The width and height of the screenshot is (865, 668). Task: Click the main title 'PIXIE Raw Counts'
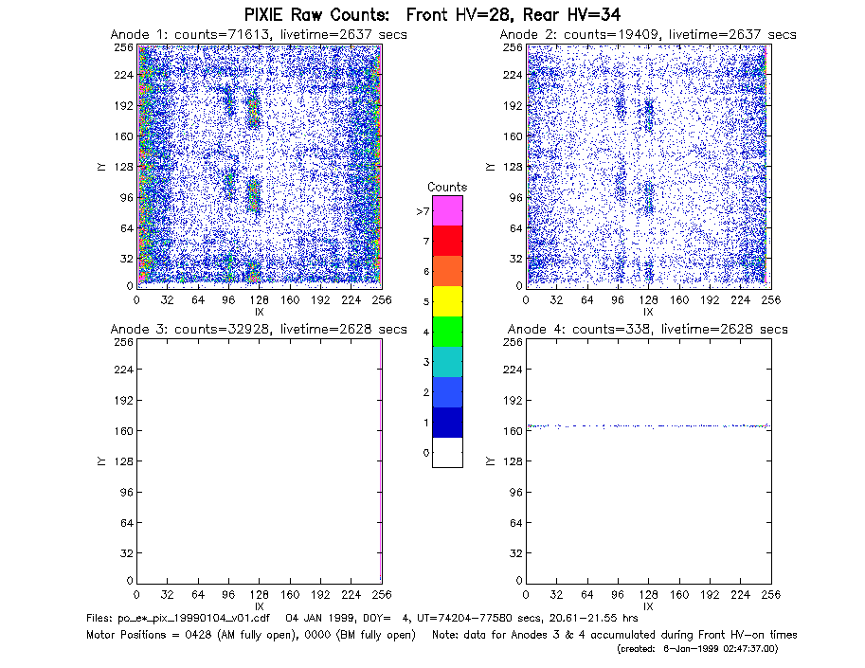click(x=316, y=14)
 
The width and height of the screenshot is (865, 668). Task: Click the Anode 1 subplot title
click(x=259, y=35)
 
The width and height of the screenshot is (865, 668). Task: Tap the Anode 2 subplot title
click(x=648, y=35)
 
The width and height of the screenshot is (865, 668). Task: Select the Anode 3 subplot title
click(x=259, y=330)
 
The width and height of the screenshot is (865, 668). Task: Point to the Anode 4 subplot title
click(x=648, y=330)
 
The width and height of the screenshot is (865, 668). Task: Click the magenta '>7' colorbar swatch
click(x=447, y=210)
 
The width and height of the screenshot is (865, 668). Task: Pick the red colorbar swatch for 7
click(x=447, y=241)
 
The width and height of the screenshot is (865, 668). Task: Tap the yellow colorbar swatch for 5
click(x=447, y=301)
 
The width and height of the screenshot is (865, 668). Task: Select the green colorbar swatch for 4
click(x=447, y=332)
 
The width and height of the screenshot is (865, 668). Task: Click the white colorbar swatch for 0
click(x=447, y=452)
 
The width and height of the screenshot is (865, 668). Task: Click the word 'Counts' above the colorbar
click(x=447, y=187)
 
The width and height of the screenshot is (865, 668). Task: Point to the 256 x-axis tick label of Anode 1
click(x=382, y=300)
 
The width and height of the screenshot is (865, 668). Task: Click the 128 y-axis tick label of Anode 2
click(x=512, y=167)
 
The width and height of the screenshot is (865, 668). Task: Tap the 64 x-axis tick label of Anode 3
click(x=198, y=595)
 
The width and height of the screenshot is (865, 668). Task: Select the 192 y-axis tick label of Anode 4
click(x=512, y=400)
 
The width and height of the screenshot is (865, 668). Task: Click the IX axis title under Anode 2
click(x=648, y=313)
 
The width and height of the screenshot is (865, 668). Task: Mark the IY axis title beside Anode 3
click(x=101, y=461)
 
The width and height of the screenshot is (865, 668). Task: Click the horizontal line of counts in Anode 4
click(x=649, y=425)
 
